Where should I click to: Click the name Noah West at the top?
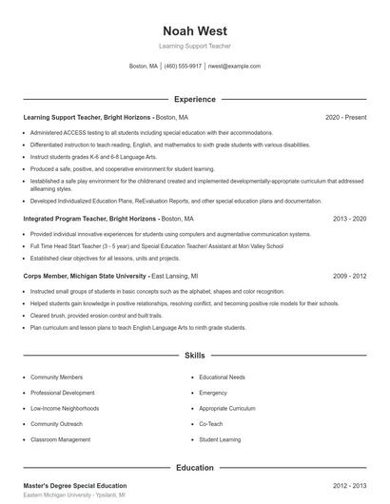(x=194, y=30)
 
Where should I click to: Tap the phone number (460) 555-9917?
(x=183, y=67)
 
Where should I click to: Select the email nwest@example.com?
(x=233, y=67)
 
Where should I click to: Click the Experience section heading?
(x=194, y=99)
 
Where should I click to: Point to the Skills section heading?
(x=194, y=356)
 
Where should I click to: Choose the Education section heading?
(x=194, y=468)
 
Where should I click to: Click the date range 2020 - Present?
(x=345, y=117)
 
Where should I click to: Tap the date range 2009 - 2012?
(x=349, y=276)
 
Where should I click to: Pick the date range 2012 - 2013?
(x=349, y=486)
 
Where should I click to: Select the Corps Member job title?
(x=48, y=276)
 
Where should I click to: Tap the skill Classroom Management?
(x=60, y=439)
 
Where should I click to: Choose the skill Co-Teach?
(x=210, y=423)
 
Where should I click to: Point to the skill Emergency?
(x=213, y=393)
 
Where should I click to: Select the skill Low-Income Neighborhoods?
(x=66, y=408)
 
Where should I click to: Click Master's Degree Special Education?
(x=74, y=486)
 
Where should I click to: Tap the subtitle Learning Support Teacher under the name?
(x=194, y=46)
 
